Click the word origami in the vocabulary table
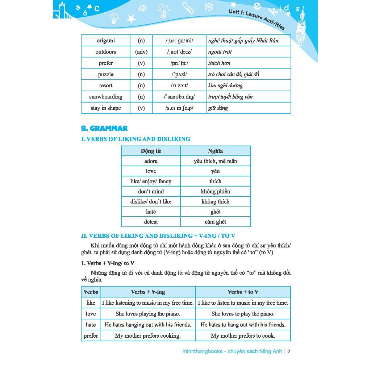point(105,41)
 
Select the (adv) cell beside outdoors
point(141,52)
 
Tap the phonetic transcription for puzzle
point(179,74)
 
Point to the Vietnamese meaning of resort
point(225,86)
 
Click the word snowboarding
point(105,97)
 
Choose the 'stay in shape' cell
point(105,108)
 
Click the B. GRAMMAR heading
point(104,128)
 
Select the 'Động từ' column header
point(151,151)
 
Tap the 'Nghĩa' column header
point(215,151)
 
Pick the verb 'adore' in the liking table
point(151,161)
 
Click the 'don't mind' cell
point(151,191)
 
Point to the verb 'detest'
point(151,222)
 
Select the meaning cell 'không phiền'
point(215,191)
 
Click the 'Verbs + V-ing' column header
point(148,292)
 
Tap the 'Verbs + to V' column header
point(243,292)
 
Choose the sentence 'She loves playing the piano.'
point(148,314)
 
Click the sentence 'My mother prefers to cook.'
point(243,336)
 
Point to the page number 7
point(289,351)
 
